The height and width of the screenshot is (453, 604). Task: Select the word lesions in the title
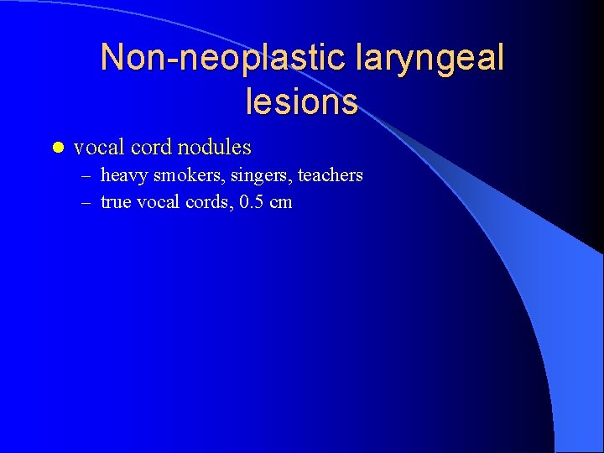(302, 102)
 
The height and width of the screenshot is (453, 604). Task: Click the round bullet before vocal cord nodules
(56, 148)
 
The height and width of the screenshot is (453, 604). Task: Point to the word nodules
(214, 148)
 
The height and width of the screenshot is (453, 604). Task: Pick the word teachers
(329, 175)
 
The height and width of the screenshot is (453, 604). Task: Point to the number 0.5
(251, 202)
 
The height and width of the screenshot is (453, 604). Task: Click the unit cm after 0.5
(281, 202)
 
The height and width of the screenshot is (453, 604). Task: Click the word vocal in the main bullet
(97, 148)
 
